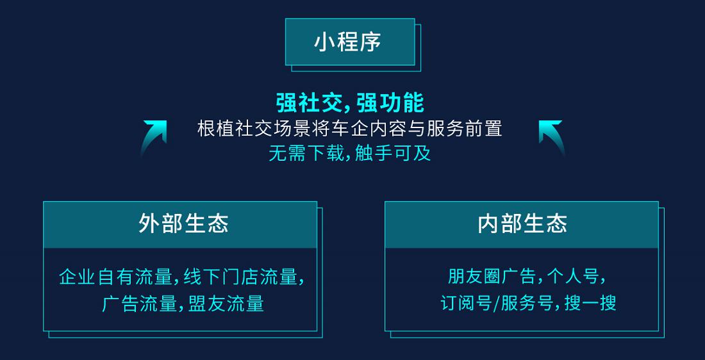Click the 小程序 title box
click(x=350, y=42)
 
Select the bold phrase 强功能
click(x=390, y=103)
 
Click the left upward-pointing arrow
click(x=154, y=136)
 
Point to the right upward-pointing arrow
click(x=551, y=136)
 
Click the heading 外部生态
click(x=183, y=224)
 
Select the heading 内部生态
click(x=522, y=224)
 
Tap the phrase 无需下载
click(x=306, y=154)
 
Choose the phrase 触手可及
click(x=393, y=154)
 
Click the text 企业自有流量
click(x=115, y=276)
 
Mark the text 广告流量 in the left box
click(x=139, y=304)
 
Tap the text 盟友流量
click(x=226, y=304)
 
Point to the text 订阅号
click(x=465, y=304)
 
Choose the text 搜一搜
click(x=590, y=304)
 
